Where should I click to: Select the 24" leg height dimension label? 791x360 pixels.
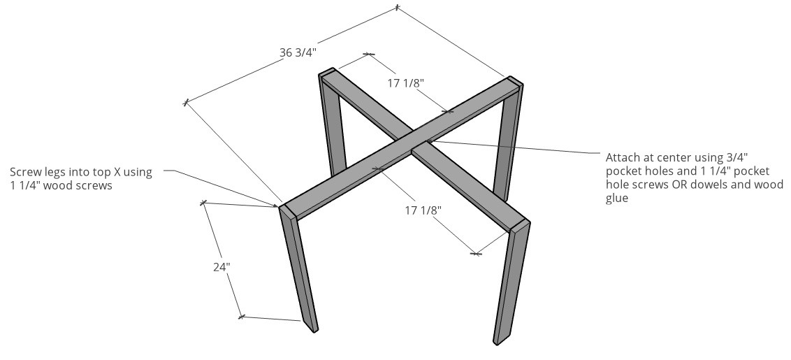tap(222, 266)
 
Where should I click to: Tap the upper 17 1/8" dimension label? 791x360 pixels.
tap(406, 83)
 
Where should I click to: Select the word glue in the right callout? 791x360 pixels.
tap(617, 199)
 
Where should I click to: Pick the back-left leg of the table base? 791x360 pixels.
tap(333, 126)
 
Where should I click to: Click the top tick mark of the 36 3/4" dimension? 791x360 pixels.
tap(397, 8)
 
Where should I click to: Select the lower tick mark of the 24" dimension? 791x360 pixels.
tap(241, 317)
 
